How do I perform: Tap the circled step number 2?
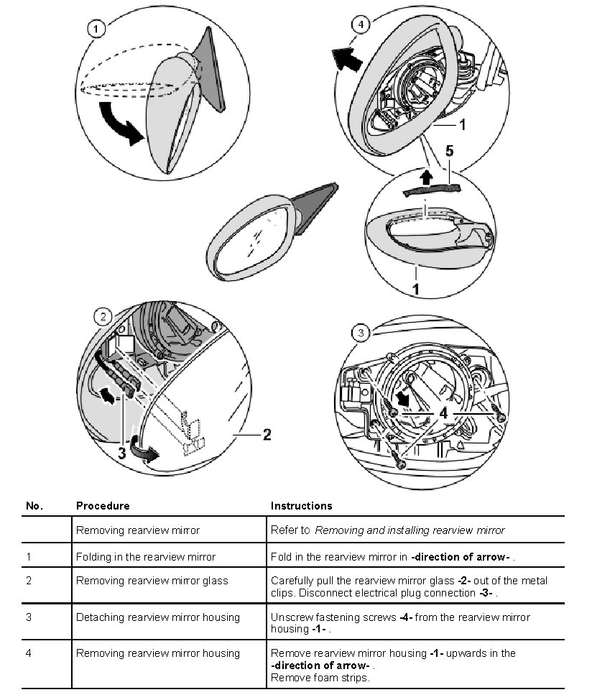click(103, 316)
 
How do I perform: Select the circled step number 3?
click(361, 333)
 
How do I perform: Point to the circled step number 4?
click(361, 24)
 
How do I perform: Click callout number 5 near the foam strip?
click(450, 152)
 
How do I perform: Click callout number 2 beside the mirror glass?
click(266, 434)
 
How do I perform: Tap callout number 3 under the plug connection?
click(122, 453)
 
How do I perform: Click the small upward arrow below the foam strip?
click(425, 175)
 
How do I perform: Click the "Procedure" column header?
click(103, 506)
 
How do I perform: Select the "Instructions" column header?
click(302, 506)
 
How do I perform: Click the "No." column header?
click(34, 506)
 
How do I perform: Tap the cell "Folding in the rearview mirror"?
click(146, 557)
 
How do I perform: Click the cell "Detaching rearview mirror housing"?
click(158, 617)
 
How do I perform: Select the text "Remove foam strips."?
click(320, 678)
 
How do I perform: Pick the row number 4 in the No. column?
click(29, 653)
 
